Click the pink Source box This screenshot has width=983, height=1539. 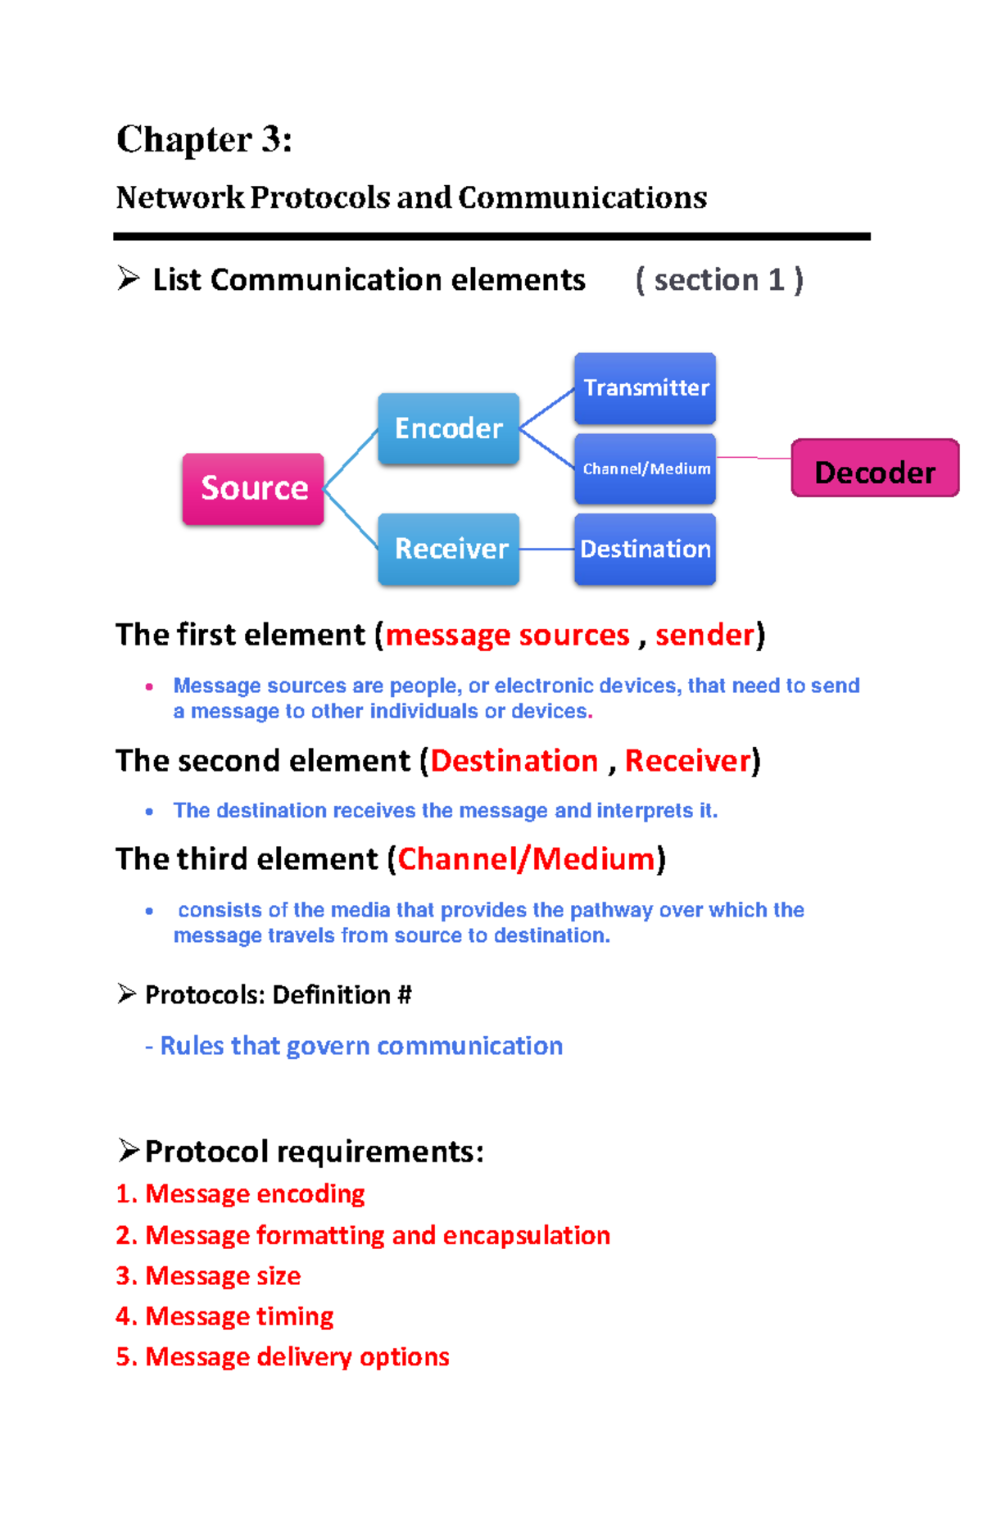253,488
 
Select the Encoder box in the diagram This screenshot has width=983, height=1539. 448,428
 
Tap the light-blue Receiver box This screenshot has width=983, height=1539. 448,549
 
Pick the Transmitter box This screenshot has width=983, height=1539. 645,388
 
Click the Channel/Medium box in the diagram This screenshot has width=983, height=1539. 645,468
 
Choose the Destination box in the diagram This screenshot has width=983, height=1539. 645,549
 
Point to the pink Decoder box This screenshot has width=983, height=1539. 874,468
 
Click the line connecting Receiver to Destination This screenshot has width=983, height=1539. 546,549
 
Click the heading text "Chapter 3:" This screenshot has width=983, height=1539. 204,139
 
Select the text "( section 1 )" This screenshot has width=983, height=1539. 719,280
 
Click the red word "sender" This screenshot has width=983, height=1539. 704,635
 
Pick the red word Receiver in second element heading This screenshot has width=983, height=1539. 687,761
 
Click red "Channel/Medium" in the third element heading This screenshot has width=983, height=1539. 526,859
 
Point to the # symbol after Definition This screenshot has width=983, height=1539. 404,995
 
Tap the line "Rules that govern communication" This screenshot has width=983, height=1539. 361,1046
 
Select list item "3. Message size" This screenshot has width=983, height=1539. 208,1275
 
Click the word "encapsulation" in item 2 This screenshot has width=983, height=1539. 526,1235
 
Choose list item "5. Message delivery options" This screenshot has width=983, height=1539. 283,1356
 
